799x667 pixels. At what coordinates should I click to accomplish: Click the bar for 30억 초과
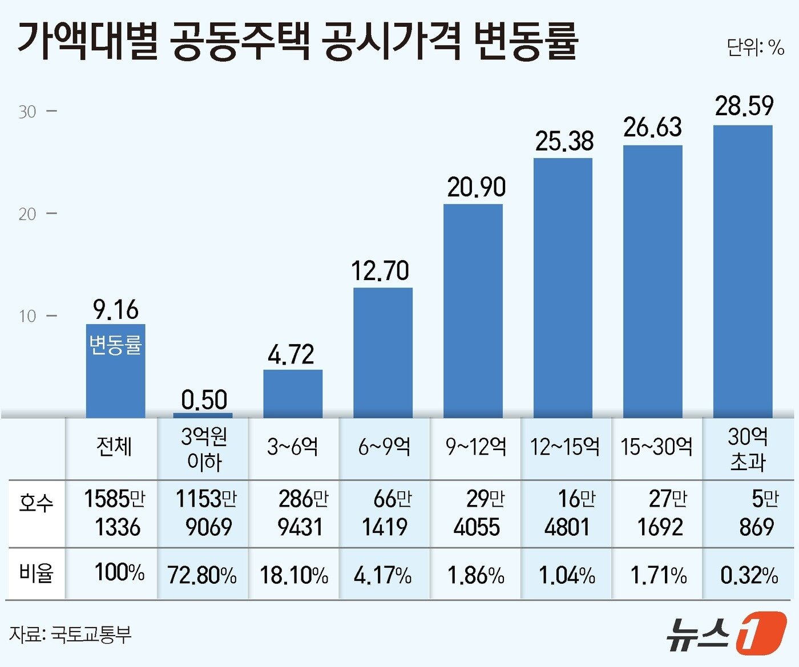[742, 271]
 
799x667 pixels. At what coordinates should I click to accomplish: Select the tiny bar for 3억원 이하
[203, 415]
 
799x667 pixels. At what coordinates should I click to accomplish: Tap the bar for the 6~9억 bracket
[382, 353]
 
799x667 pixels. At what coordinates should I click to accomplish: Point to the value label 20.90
[476, 187]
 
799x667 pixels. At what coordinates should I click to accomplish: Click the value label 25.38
[564, 141]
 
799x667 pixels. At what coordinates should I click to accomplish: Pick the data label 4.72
[291, 354]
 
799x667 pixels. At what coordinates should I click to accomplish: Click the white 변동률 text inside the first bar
[115, 345]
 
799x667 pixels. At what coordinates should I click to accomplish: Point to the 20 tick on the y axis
[27, 215]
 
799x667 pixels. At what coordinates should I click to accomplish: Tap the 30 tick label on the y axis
[27, 112]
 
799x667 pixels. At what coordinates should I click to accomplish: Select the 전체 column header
[114, 446]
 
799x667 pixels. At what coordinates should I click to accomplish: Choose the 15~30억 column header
[656, 446]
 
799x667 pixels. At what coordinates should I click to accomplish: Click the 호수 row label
[36, 503]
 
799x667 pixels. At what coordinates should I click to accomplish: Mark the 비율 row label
[36, 573]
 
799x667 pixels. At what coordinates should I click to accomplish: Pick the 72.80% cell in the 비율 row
[202, 575]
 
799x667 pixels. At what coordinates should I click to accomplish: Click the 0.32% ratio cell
[749, 575]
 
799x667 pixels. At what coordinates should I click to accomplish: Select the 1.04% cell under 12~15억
[567, 575]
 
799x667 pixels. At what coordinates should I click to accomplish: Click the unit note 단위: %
[755, 47]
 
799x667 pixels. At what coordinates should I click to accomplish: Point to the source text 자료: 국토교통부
[70, 634]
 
